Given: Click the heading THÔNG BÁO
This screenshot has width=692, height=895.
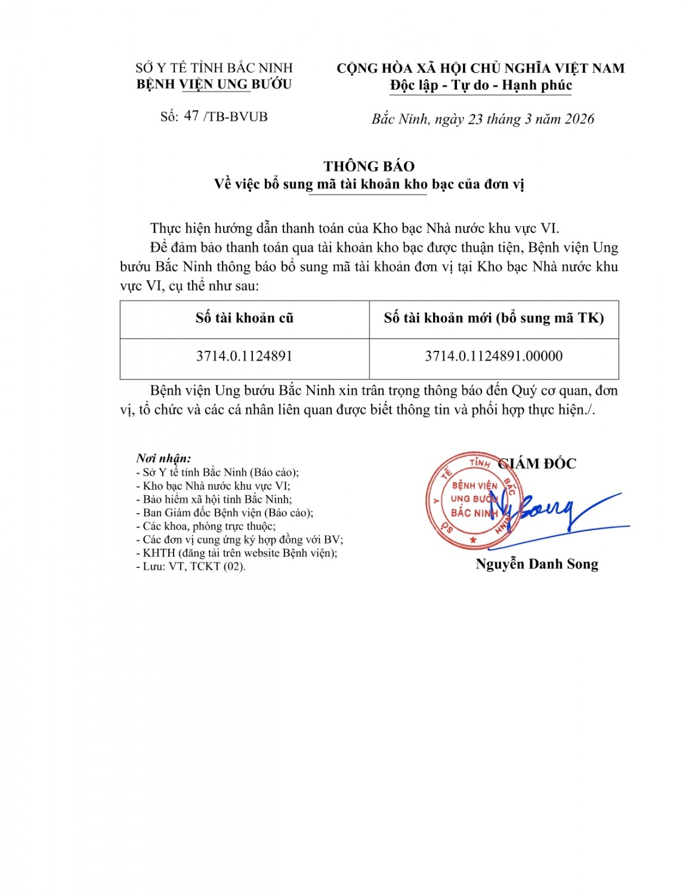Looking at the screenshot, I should [369, 166].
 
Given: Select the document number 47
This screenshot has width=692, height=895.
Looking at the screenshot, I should [191, 116].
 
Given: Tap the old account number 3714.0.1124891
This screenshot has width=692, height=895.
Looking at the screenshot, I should [244, 356].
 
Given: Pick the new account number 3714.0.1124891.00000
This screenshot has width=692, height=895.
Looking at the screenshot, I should [493, 356].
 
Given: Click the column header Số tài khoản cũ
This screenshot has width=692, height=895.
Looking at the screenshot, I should [244, 318].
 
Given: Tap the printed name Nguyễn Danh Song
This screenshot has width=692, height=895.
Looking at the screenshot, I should [536, 564].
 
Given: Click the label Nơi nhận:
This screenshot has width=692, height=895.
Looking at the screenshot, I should [163, 458].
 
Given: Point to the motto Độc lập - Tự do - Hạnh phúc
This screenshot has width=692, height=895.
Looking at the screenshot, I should [481, 85].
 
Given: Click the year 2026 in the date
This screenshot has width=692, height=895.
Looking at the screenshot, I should [579, 119].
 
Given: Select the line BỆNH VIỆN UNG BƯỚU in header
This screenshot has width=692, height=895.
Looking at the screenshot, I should [214, 84].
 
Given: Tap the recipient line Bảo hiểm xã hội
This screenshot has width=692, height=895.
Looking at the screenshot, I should [217, 499].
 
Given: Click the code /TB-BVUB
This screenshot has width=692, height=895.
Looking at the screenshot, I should [236, 116].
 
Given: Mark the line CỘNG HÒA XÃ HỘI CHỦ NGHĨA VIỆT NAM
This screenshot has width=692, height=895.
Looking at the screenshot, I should [481, 68].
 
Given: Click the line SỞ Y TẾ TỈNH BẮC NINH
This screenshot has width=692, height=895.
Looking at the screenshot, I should [214, 68].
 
